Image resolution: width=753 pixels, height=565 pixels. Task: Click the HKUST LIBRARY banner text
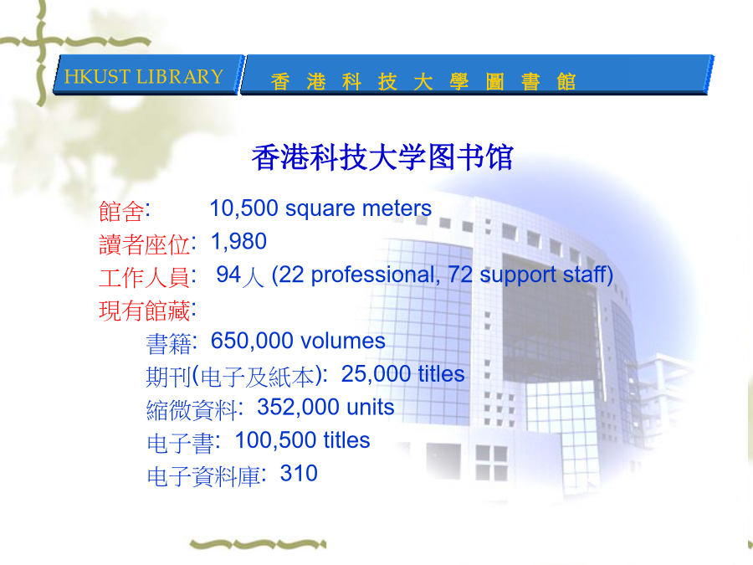pyautogui.click(x=144, y=77)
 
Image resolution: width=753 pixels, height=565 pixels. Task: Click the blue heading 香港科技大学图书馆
pyautogui.click(x=382, y=157)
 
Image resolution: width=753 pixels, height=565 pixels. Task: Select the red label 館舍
pyautogui.click(x=121, y=212)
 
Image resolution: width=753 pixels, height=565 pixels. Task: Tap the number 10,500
pyautogui.click(x=244, y=208)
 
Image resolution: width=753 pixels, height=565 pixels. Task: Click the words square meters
pyautogui.click(x=358, y=209)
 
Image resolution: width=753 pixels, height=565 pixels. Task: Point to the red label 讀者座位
pyautogui.click(x=144, y=244)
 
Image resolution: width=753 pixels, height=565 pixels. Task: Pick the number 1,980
pyautogui.click(x=238, y=242)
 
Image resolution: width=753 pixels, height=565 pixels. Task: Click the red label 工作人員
pyautogui.click(x=144, y=278)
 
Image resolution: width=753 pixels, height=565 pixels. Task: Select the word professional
pyautogui.click(x=372, y=275)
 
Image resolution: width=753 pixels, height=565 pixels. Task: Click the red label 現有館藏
pyautogui.click(x=144, y=311)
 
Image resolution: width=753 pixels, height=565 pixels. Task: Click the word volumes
pyautogui.click(x=343, y=342)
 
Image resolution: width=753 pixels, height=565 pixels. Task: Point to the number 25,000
pyautogui.click(x=376, y=374)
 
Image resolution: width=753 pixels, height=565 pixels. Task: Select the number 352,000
pyautogui.click(x=298, y=408)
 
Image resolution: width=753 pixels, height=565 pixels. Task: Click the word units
pyautogui.click(x=371, y=408)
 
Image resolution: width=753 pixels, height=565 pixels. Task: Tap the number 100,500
pyautogui.click(x=276, y=440)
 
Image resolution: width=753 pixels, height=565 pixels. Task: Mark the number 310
pyautogui.click(x=299, y=474)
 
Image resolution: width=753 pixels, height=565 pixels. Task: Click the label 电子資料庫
pyautogui.click(x=203, y=476)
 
